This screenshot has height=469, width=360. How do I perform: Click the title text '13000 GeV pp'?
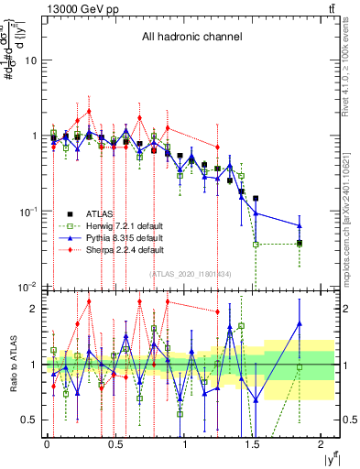[76, 8]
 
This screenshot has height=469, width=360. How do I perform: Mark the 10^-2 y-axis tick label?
[29, 287]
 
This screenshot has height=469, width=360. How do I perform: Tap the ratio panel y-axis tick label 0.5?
[33, 420]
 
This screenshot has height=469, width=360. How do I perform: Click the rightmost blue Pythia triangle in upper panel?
[300, 225]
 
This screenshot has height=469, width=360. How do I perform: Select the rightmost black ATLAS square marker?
[300, 243]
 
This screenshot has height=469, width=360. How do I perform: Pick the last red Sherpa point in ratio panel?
[217, 311]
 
